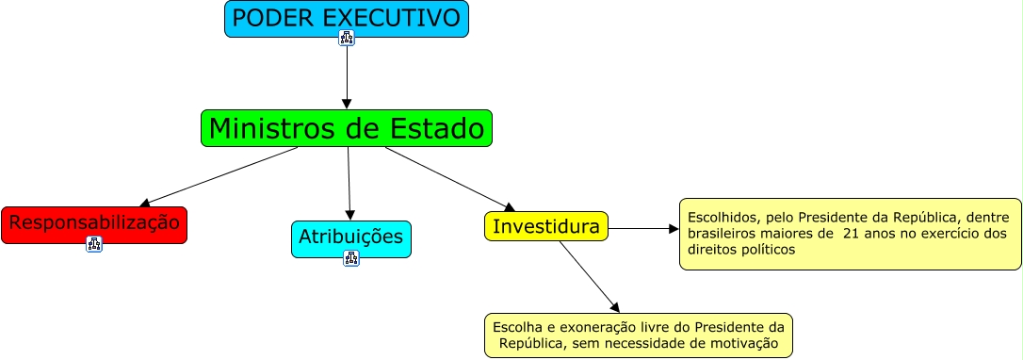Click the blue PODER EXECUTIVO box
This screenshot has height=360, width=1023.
tap(346, 18)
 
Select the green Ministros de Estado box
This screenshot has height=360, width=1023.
tap(347, 128)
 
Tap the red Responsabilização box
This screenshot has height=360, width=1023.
tap(94, 224)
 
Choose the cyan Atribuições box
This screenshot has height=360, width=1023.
tap(351, 237)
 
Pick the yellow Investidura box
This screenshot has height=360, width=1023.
tap(546, 226)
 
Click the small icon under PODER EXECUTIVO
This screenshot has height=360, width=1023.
tap(347, 39)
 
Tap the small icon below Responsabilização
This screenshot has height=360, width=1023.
tap(94, 244)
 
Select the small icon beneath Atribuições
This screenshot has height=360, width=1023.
tap(351, 258)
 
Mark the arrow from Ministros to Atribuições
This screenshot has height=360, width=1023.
tap(349, 184)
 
